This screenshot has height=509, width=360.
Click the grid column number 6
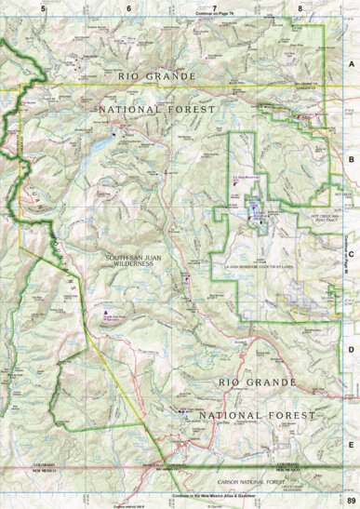coord(129,7)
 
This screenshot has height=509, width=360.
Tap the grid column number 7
coord(215,7)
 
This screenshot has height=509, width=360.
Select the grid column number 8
coord(300,7)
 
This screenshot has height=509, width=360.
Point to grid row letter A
coord(351,64)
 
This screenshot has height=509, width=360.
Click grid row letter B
coord(351,159)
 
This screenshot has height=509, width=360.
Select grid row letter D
coord(351,349)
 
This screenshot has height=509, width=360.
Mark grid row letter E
coord(351,445)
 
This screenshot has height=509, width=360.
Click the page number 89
coord(350,502)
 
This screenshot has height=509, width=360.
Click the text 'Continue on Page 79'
coord(215,15)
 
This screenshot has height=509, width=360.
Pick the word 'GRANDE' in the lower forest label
coord(270,382)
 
